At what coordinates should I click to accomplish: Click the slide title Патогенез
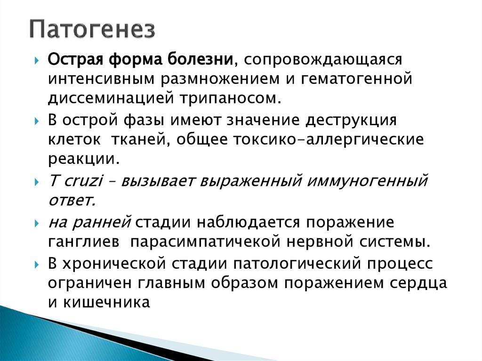pos(92,29)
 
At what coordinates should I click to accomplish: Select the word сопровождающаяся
pos(321,60)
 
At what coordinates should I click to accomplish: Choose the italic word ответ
pos(72,200)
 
